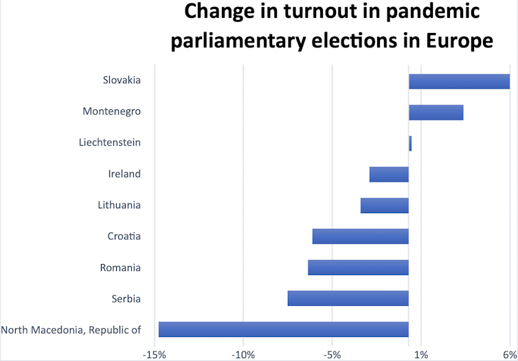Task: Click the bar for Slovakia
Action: click(x=459, y=81)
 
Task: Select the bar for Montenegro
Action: click(x=436, y=112)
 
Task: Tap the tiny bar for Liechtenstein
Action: click(x=410, y=143)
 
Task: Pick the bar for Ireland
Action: click(x=389, y=174)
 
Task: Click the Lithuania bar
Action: click(x=384, y=205)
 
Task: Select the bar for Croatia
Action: click(x=360, y=236)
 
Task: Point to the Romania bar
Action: click(x=358, y=267)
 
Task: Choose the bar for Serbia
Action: click(x=348, y=298)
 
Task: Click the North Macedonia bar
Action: click(x=283, y=329)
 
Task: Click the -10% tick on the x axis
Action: click(x=243, y=354)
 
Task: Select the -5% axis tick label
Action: click(x=332, y=354)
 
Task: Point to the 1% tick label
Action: click(x=421, y=354)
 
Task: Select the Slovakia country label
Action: click(x=122, y=80)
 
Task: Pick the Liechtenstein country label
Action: click(x=110, y=142)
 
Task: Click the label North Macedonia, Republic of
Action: click(x=71, y=329)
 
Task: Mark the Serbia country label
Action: click(x=126, y=298)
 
